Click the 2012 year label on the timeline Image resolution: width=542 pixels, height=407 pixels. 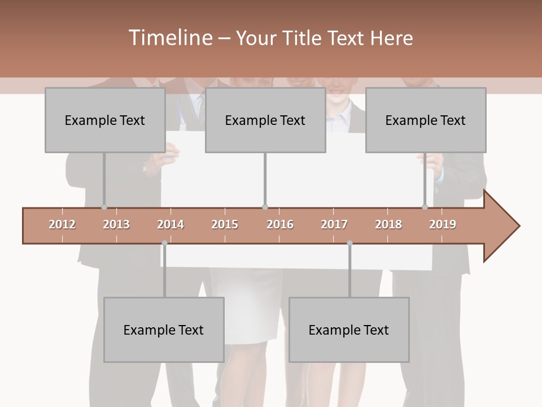[x=62, y=224]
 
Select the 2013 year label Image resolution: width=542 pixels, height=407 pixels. [x=116, y=224]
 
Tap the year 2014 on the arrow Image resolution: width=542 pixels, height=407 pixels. [x=171, y=224]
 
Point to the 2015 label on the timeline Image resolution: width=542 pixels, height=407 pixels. [x=225, y=224]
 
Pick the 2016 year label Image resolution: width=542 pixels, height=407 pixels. [x=280, y=224]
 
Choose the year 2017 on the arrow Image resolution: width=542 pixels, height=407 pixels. [x=334, y=224]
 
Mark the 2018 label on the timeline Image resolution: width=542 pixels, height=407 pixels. [x=388, y=224]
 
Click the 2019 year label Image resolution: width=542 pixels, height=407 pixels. [x=443, y=224]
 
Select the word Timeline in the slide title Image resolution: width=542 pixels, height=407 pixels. [x=169, y=38]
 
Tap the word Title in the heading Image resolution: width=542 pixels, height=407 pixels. [x=303, y=38]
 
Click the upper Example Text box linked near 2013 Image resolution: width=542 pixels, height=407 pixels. [x=105, y=120]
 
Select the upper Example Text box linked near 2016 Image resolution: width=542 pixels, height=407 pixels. [x=265, y=120]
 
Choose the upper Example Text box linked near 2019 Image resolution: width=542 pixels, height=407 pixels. [x=426, y=120]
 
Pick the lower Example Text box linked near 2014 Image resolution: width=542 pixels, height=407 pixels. [x=164, y=330]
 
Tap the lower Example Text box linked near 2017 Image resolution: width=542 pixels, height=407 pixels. [x=349, y=330]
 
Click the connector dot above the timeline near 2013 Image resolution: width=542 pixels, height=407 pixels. [x=104, y=207]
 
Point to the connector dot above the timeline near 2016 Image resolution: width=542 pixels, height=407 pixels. [x=265, y=207]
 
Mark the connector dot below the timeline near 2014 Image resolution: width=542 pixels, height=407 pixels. [x=164, y=243]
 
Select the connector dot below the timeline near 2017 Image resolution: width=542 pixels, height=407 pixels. [x=349, y=243]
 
